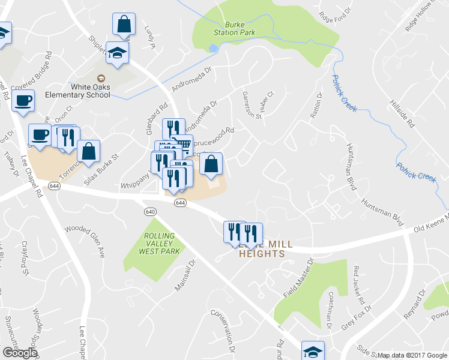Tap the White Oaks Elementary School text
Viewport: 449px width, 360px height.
coord(90,91)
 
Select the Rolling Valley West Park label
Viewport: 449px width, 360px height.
coord(158,244)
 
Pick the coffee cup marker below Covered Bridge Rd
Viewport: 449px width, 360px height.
coord(23,101)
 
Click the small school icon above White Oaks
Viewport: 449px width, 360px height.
coord(101,78)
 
